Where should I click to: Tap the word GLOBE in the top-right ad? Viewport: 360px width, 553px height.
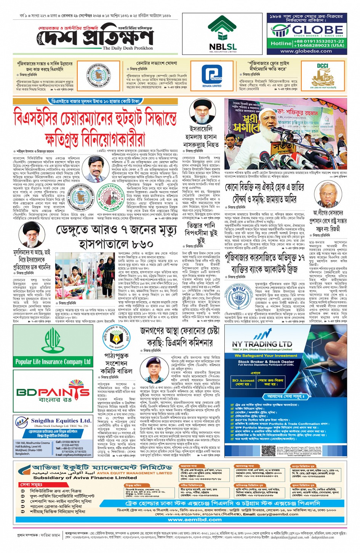click(318, 30)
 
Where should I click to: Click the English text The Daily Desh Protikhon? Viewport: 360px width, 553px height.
click(128, 48)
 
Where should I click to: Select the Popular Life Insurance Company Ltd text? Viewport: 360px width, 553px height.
click(53, 361)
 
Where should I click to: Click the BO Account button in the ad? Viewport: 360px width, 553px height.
click(243, 382)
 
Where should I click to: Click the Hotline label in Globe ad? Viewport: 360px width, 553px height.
click(281, 43)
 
